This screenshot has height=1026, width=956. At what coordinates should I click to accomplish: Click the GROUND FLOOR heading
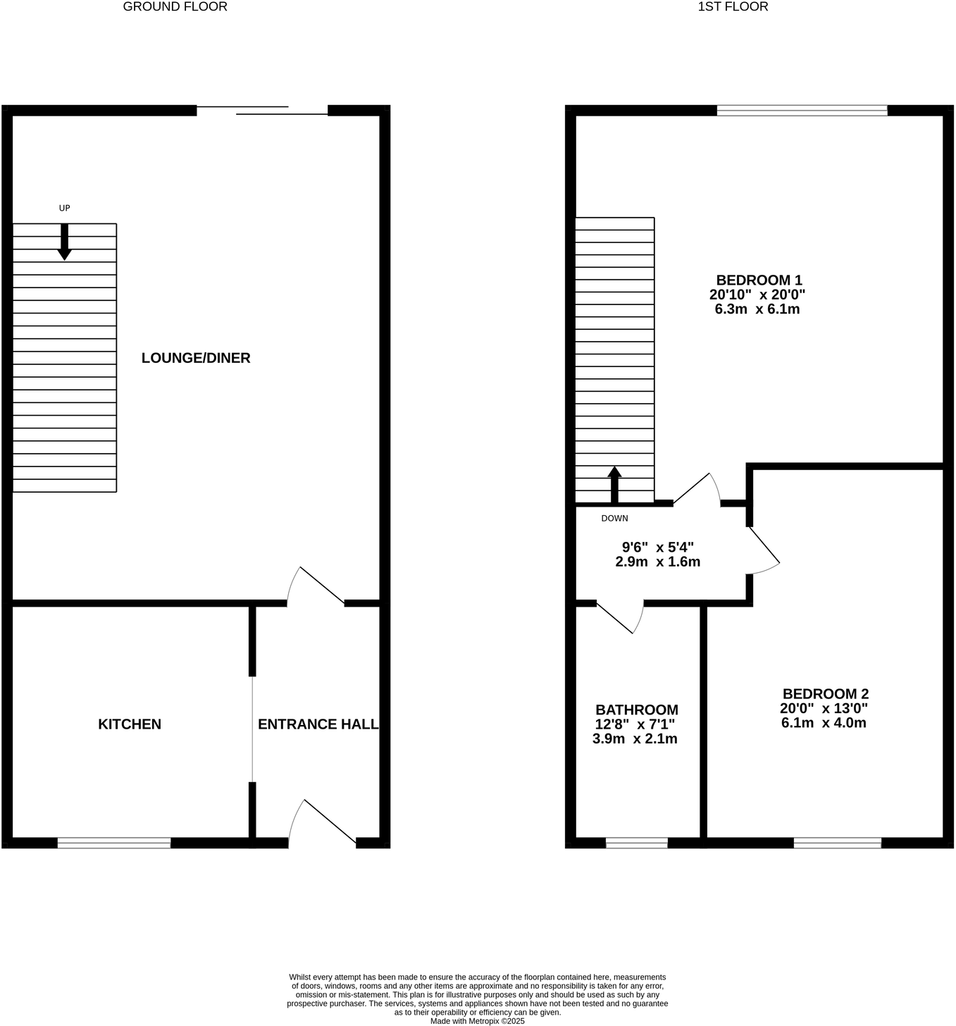[175, 7]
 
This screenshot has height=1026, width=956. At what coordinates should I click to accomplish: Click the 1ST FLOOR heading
[733, 7]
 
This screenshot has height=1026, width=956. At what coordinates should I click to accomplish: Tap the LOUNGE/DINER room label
[196, 358]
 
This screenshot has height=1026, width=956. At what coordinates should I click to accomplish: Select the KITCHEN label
[130, 724]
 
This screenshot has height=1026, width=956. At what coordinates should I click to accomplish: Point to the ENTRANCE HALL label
[318, 724]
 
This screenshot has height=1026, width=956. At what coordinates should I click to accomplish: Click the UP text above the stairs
[64, 208]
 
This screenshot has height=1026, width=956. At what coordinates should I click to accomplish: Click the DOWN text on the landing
[614, 519]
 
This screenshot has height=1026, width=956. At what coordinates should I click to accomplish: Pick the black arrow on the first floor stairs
[614, 485]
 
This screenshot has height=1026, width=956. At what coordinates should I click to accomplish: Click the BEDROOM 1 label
[759, 280]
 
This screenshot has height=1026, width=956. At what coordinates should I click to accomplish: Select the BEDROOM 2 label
[825, 693]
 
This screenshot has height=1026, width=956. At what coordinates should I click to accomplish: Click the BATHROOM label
[637, 710]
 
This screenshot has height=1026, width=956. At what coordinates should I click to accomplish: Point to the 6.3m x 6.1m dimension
[757, 309]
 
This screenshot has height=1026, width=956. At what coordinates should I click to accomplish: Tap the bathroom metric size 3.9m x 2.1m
[635, 739]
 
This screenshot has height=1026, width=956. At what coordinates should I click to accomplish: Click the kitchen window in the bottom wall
[114, 843]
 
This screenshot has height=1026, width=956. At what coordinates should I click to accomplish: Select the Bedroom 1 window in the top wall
[802, 110]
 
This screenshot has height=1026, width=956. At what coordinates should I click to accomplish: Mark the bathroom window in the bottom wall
[637, 843]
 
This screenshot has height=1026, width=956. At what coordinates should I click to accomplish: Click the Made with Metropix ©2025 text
[478, 1020]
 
